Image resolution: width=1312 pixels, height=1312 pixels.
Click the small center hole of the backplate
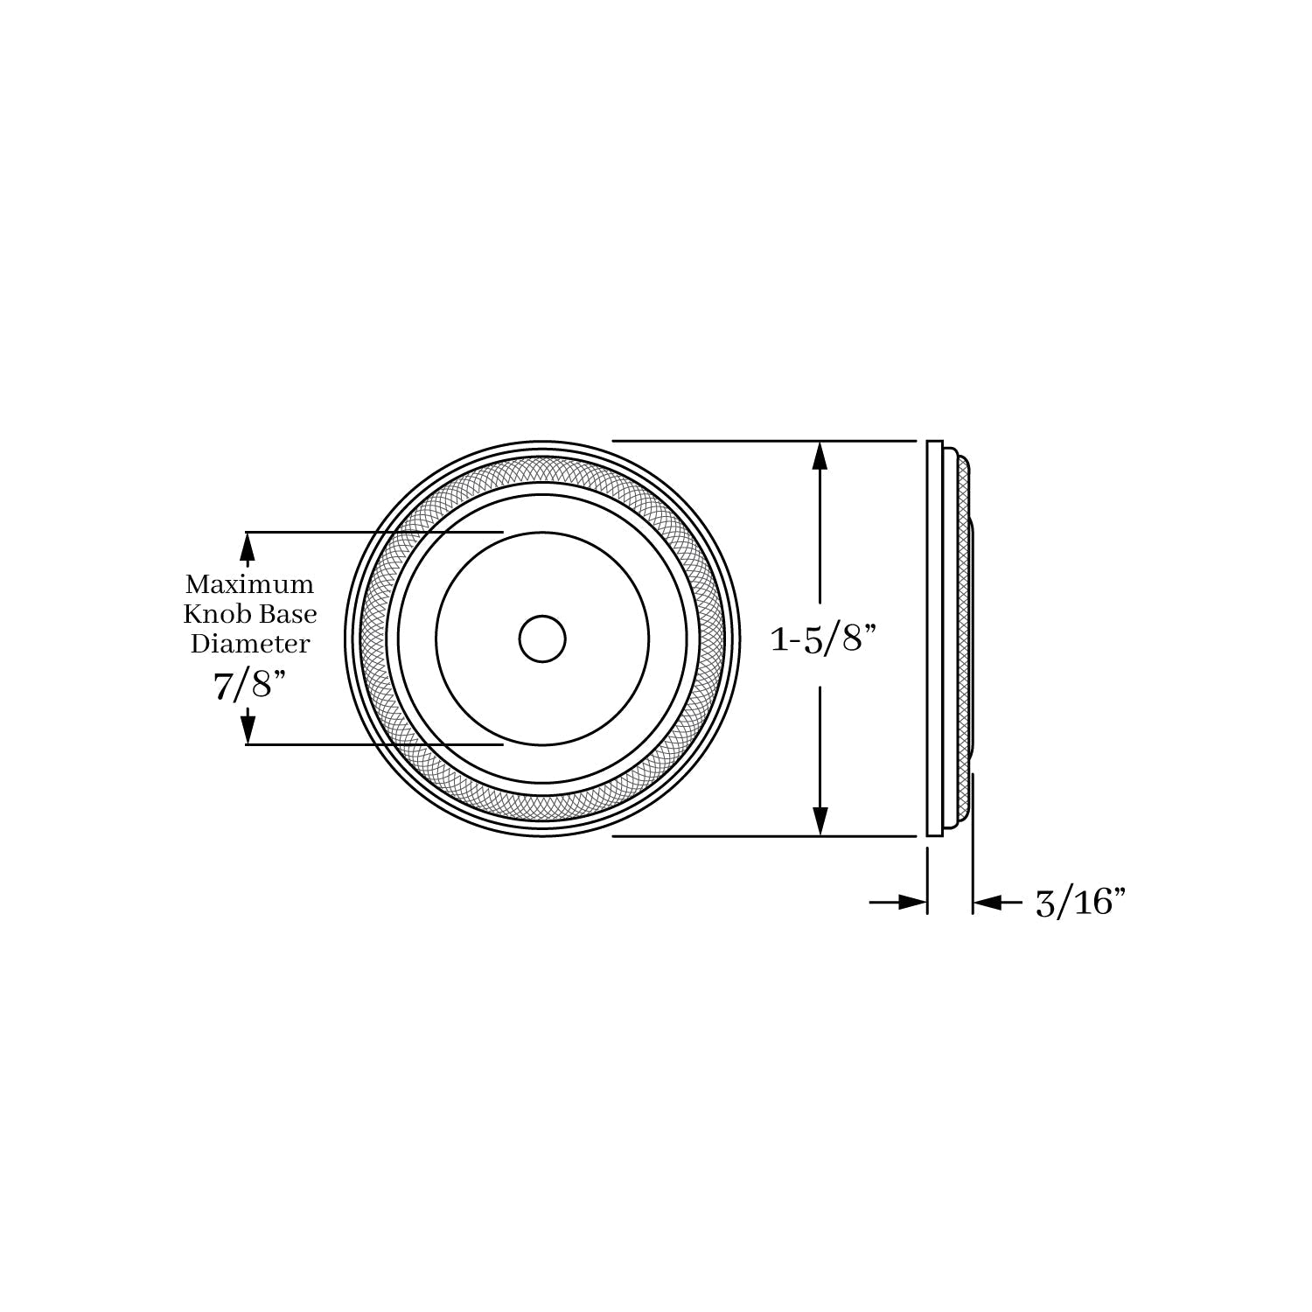click(x=542, y=639)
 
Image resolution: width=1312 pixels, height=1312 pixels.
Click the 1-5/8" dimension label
click(x=822, y=640)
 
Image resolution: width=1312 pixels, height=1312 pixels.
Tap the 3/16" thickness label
click(x=1079, y=902)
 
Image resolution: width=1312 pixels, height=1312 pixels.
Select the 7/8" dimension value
click(x=250, y=685)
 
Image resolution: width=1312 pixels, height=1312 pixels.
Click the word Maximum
click(x=249, y=583)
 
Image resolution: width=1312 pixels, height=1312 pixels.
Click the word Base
click(x=290, y=613)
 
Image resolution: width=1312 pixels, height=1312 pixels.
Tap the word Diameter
click(x=250, y=644)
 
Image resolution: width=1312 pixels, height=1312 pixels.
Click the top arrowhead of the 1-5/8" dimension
click(x=820, y=457)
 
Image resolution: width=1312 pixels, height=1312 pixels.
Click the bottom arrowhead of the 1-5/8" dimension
click(x=820, y=820)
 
